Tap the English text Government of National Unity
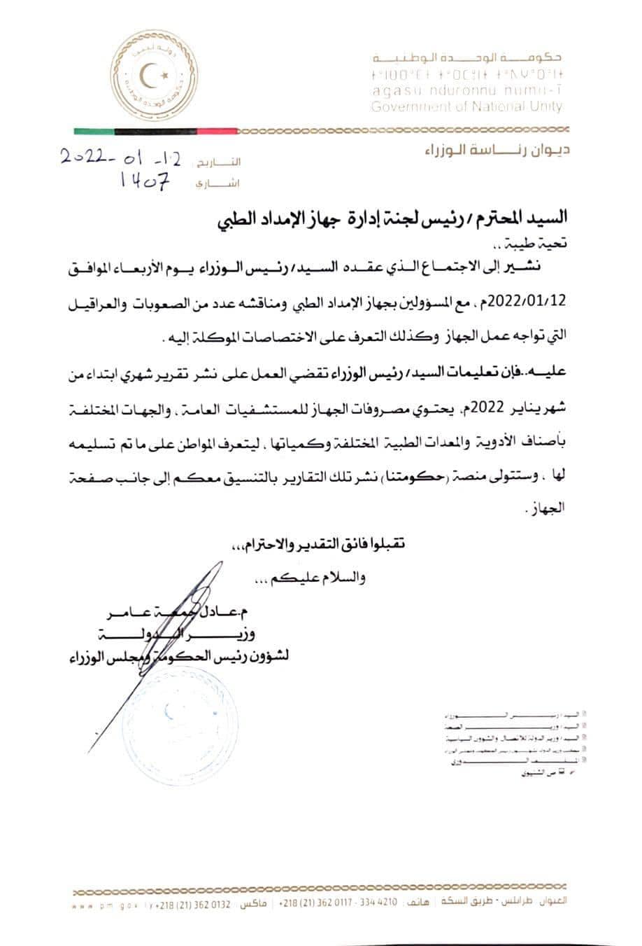click(x=466, y=107)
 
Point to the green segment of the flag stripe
click(x=93, y=131)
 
